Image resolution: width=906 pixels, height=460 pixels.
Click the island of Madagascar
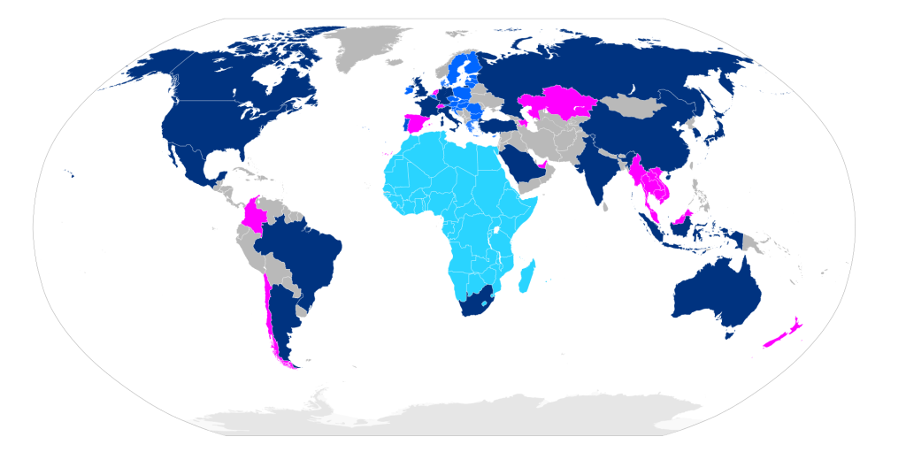click(526, 274)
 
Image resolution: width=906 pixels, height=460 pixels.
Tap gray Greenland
click(367, 49)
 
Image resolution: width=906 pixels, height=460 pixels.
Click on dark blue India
click(606, 172)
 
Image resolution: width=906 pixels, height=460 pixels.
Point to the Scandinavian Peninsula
click(460, 66)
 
